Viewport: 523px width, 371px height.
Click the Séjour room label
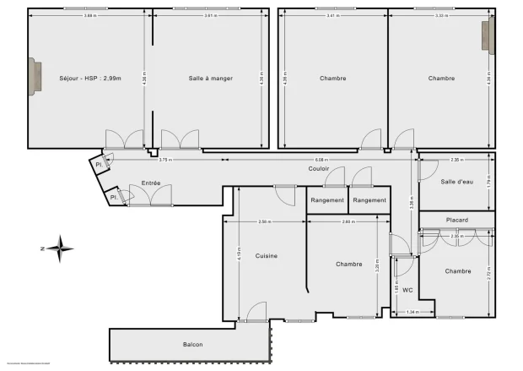tap(90, 79)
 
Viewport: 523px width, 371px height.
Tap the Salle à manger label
tap(211, 79)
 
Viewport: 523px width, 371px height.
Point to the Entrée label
tap(151, 183)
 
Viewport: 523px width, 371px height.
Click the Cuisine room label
tap(267, 255)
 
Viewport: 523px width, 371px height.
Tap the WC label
tap(407, 291)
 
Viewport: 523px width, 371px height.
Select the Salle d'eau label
tap(456, 183)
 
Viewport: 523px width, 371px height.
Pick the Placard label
tap(456, 220)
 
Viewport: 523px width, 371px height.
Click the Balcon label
tap(192, 345)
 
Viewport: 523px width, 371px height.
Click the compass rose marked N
tap(60, 248)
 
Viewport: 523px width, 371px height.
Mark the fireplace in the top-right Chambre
tap(487, 37)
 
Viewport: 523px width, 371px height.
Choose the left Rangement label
tap(327, 200)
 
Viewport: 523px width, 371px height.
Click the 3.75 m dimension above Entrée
tap(165, 159)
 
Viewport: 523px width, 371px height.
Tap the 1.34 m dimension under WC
tap(412, 313)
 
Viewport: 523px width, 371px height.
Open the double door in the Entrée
tap(152, 196)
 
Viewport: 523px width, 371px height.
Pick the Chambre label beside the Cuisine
tap(348, 264)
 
